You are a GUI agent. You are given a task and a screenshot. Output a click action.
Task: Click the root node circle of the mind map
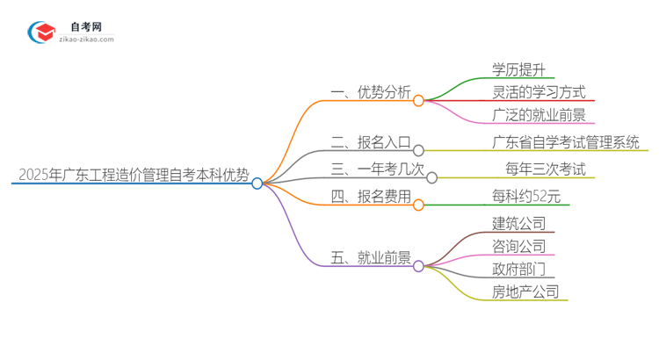tap(257, 184)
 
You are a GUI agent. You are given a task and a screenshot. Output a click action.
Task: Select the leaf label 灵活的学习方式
tap(539, 91)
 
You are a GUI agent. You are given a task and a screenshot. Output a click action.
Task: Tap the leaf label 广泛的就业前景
tap(539, 114)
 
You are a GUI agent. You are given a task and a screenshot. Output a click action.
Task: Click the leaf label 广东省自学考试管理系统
tap(566, 142)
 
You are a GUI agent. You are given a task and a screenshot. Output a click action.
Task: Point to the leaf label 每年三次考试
tap(545, 169)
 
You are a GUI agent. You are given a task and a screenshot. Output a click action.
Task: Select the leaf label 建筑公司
tap(519, 223)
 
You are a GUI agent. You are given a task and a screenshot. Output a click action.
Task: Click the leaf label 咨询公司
tap(519, 246)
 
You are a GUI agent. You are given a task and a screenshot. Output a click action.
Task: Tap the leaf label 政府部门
tap(519, 269)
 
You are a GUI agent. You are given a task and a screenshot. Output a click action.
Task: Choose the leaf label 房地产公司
tap(525, 292)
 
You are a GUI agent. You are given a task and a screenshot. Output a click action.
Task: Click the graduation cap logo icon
tap(42, 33)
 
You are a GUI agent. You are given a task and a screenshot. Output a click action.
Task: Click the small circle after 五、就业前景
tap(418, 265)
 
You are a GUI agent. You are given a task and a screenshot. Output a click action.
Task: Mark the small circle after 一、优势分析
tap(418, 101)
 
